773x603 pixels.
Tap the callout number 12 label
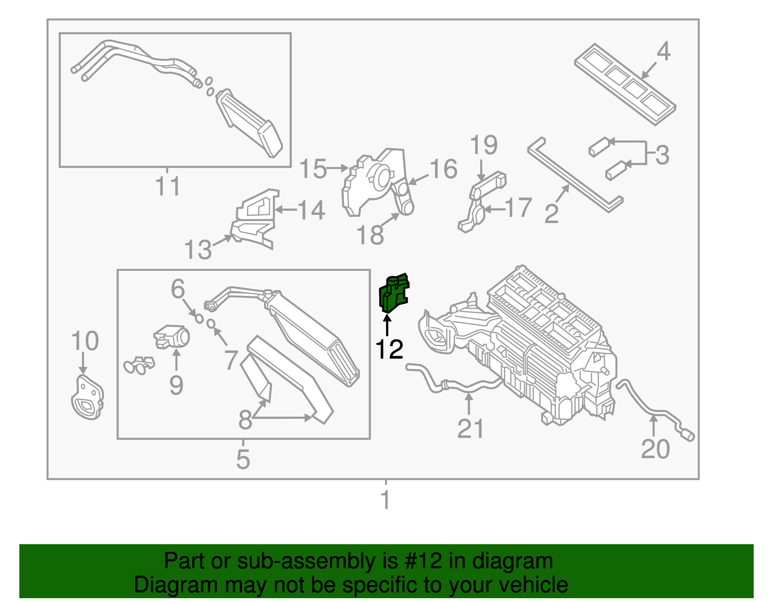point(389,349)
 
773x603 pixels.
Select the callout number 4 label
point(663,51)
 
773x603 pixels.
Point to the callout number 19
point(484,145)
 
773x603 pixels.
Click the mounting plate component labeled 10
point(87,398)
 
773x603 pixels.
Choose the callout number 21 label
point(470,429)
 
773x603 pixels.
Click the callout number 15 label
point(313,169)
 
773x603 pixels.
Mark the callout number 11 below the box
point(168,186)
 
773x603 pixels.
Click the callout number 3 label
point(662,155)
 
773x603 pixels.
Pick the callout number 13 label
point(198,250)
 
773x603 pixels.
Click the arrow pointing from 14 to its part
point(285,210)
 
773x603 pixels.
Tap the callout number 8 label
point(245,420)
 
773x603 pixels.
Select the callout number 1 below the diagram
point(385,500)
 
